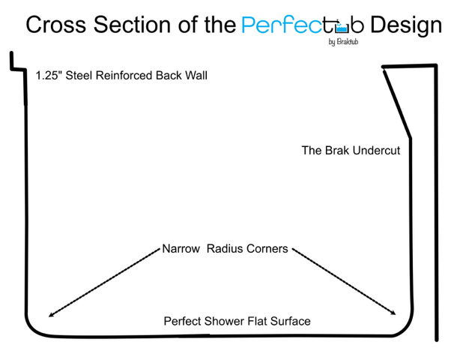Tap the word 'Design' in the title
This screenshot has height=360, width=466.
click(405, 25)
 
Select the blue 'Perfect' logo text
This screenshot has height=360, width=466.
click(288, 25)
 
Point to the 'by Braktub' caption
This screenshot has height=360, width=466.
click(342, 42)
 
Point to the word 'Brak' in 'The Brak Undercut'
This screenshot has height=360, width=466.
click(337, 151)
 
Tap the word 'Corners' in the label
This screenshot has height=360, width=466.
click(267, 249)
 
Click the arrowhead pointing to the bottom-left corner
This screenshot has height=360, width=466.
click(50, 315)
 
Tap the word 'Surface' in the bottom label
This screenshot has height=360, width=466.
click(291, 322)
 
